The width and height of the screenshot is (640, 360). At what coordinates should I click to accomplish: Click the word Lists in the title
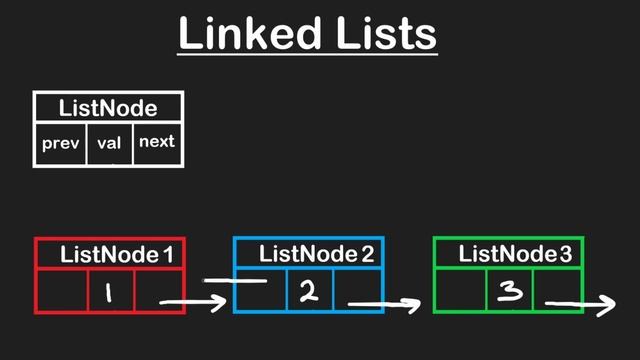(383, 33)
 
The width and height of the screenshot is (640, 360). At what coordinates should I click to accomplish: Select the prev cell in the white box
(60, 143)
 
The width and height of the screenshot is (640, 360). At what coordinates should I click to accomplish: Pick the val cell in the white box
(109, 143)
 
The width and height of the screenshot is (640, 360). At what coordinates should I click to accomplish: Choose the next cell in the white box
(157, 142)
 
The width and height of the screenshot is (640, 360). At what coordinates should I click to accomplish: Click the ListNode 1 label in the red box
(115, 255)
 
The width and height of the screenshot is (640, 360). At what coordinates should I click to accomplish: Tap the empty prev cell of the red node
(60, 291)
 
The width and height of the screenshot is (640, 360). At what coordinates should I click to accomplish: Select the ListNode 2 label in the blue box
(316, 254)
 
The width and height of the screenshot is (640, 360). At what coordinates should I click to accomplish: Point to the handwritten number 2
(308, 291)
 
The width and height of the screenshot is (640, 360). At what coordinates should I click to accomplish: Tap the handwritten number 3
(509, 291)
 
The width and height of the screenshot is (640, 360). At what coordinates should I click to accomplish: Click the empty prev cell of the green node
(460, 290)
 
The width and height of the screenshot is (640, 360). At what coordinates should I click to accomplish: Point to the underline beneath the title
(308, 53)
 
